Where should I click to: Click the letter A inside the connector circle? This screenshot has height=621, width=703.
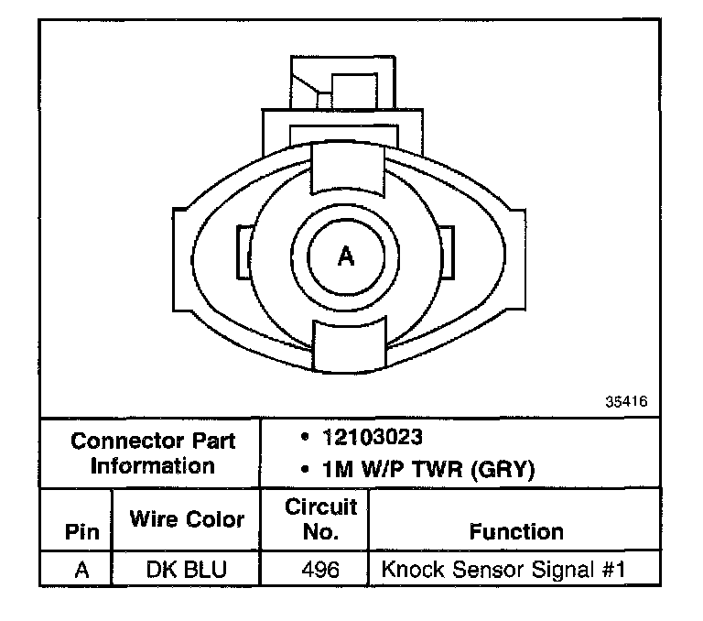click(x=346, y=256)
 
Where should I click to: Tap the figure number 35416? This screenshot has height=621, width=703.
click(x=626, y=401)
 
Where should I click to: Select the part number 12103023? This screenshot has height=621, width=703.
click(x=373, y=437)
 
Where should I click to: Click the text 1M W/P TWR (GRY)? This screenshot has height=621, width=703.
click(x=428, y=469)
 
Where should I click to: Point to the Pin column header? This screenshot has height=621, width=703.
click(x=82, y=532)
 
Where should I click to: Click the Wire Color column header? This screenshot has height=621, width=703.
click(x=187, y=519)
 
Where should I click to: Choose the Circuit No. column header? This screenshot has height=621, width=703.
click(x=320, y=519)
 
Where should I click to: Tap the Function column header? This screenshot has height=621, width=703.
click(x=516, y=532)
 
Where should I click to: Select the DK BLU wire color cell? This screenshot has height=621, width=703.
click(x=187, y=570)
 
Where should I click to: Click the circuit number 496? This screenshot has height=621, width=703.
click(x=320, y=570)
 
